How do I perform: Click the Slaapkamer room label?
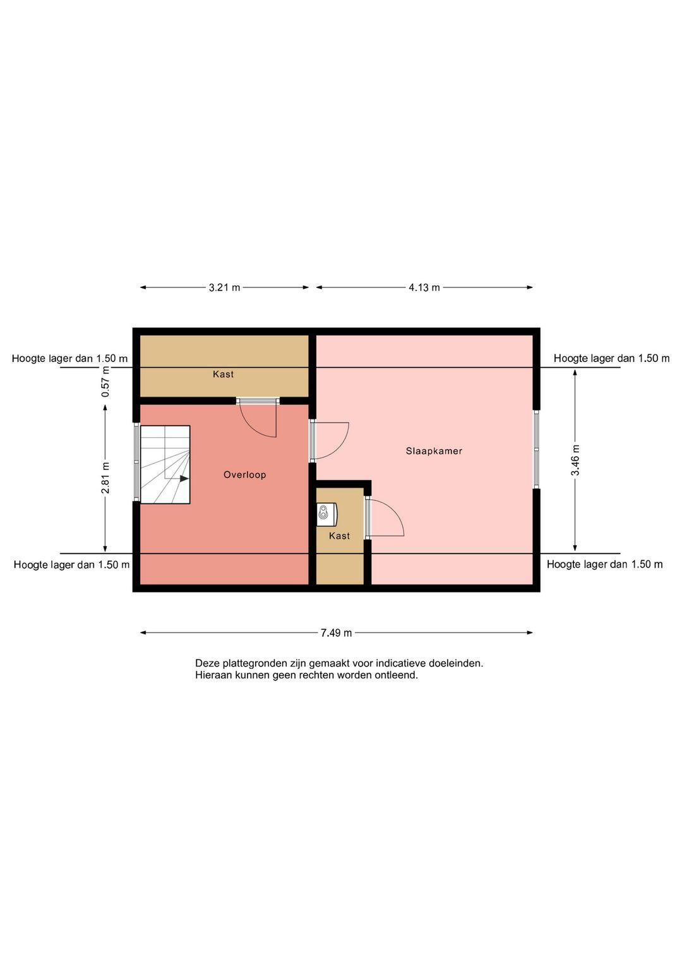pos(434,451)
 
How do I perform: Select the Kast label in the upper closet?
pos(224,374)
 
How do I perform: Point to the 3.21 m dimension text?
pos(224,287)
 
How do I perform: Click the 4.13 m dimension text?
pos(424,287)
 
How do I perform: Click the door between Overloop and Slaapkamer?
pos(330,441)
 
